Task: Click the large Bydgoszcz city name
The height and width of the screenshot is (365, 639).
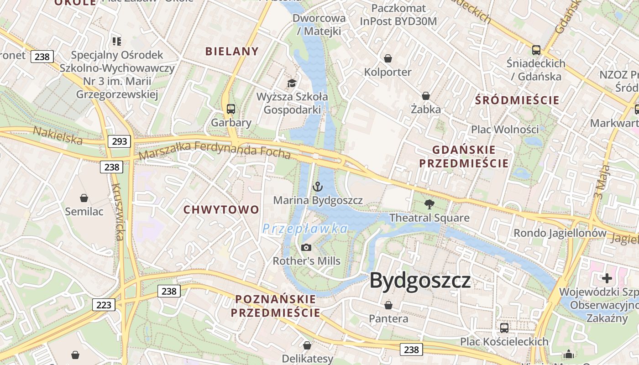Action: pos(420,280)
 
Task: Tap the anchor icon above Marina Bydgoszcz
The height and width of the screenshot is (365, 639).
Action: pos(318,186)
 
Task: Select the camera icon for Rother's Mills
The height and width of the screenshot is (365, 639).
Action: pos(306,247)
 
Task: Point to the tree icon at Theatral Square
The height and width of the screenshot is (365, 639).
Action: pos(429,204)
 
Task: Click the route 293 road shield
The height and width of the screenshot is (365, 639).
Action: pos(120,141)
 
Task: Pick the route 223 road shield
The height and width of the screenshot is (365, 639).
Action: pos(104,305)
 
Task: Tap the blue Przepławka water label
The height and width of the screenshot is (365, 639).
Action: pos(305,228)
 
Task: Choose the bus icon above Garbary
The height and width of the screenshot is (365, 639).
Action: pos(231,109)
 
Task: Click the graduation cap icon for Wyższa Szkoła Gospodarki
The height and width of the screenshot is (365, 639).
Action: pos(292,83)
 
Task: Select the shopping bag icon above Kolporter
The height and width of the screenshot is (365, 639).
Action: pos(388,58)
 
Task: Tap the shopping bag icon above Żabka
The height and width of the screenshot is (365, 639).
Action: pos(426,96)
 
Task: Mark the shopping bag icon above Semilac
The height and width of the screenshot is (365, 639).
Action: pos(84,198)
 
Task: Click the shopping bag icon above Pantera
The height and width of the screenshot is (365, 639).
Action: pos(388,305)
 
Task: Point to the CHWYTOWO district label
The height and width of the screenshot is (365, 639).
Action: pos(221,210)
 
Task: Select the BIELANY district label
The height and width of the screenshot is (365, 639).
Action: pos(232,52)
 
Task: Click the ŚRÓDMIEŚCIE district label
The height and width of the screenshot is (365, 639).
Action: pos(517,100)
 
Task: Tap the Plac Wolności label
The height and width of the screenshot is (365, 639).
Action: pos(505,130)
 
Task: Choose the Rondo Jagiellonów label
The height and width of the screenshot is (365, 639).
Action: pos(560,233)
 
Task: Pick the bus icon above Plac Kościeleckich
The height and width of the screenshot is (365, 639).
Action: pos(504,328)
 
